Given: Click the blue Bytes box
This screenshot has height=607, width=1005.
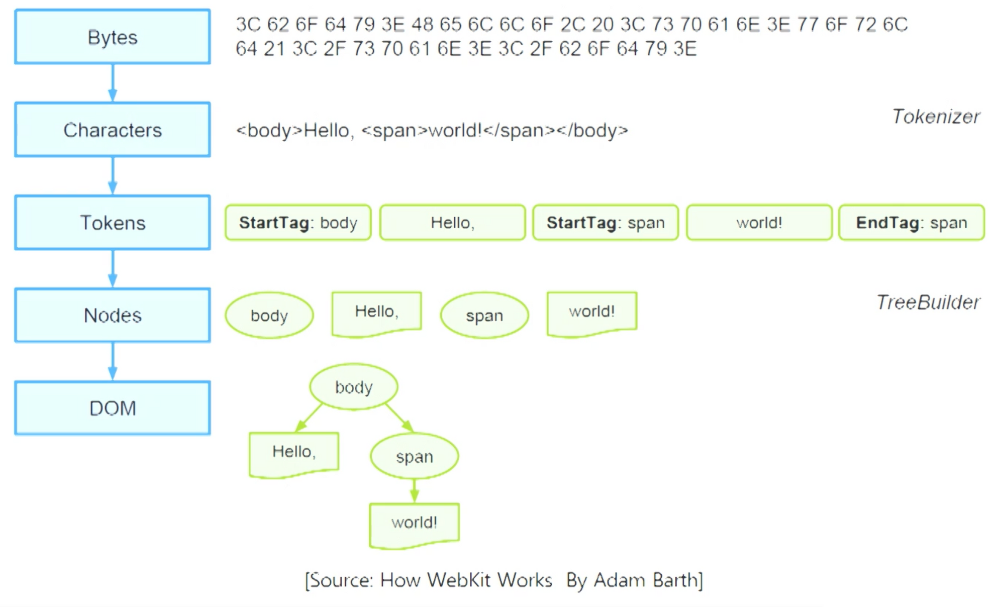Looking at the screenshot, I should [x=113, y=37].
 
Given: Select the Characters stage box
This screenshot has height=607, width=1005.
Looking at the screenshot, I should [x=113, y=130].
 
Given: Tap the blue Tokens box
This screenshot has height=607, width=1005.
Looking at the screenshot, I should [x=113, y=223].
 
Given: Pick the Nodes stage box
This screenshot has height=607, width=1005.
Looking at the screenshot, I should [x=113, y=316].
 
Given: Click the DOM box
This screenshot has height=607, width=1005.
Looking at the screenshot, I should [x=113, y=408].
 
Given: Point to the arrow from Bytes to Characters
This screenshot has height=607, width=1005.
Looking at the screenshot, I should [x=113, y=83].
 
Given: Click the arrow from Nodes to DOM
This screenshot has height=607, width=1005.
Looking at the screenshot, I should [x=113, y=361].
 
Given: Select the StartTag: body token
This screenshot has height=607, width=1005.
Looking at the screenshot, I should [x=298, y=223].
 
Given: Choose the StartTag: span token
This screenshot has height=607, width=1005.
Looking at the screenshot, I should [x=606, y=223].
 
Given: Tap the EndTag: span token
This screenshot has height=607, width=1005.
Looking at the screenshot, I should [x=912, y=223].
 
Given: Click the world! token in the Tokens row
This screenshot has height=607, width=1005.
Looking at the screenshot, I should [x=759, y=223].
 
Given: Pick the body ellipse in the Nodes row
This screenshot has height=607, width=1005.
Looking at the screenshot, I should [x=269, y=316].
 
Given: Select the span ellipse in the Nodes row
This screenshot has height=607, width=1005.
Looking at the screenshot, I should [x=484, y=316].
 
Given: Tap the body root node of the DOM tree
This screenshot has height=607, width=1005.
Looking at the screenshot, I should [x=354, y=387].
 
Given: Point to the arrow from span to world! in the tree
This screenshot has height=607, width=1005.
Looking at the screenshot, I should [x=414, y=490].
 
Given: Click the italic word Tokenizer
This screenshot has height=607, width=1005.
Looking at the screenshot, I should [x=936, y=117].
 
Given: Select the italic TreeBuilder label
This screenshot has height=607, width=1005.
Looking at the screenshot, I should [x=928, y=302].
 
